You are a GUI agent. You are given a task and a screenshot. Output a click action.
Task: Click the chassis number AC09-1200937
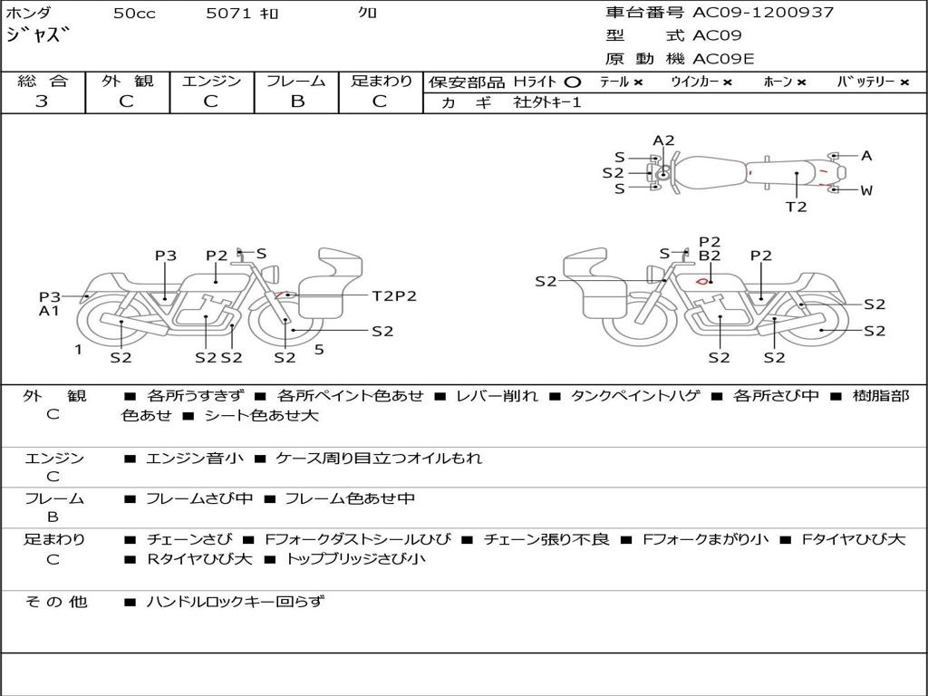763,13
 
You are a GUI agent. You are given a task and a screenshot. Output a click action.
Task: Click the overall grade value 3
42,101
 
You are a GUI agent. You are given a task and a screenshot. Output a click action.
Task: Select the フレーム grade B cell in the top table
297,101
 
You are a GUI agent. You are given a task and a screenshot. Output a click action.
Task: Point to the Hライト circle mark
572,82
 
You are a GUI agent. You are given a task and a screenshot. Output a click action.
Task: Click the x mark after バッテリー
904,82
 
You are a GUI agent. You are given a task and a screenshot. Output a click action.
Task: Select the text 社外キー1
547,102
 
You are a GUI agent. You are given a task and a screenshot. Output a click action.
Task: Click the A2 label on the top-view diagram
664,140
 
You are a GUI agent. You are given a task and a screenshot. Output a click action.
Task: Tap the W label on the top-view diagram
866,190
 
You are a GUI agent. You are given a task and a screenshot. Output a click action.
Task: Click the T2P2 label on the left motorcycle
394,295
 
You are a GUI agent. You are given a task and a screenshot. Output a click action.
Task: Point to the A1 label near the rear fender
49,311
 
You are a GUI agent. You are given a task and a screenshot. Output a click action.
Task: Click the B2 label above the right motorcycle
710,256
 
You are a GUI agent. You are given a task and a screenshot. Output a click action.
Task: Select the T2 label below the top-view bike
796,207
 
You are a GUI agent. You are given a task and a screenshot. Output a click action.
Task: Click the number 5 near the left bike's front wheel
319,349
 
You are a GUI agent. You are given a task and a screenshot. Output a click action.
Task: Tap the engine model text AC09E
723,59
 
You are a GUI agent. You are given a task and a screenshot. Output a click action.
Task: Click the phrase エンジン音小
195,459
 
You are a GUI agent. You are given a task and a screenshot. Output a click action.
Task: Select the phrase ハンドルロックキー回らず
235,601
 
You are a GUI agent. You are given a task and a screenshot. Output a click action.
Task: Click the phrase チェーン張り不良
546,540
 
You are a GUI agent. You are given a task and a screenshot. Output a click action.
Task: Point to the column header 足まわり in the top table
382,81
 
